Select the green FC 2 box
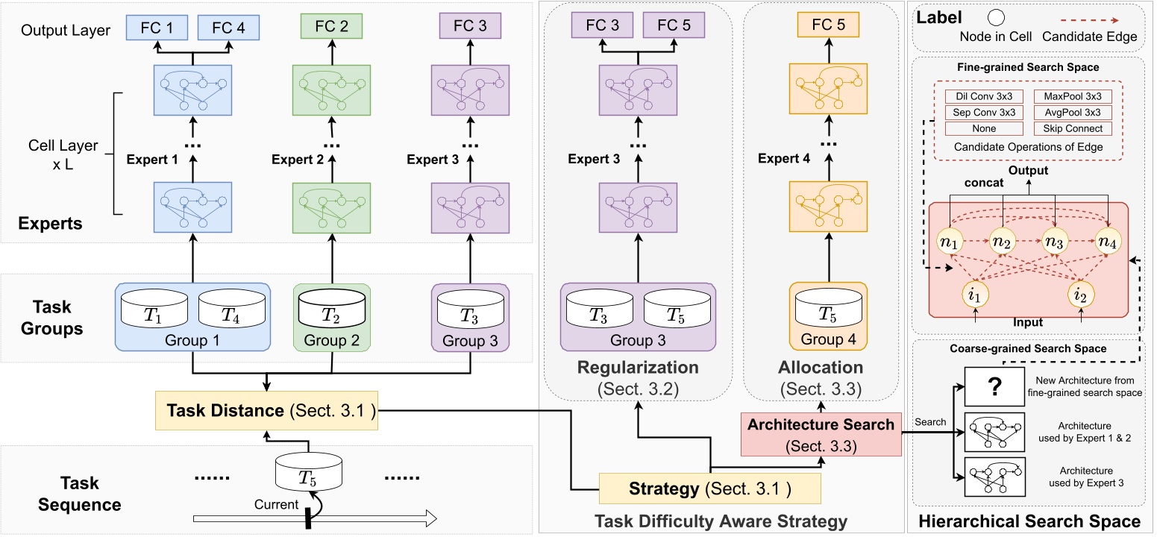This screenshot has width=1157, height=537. click(331, 27)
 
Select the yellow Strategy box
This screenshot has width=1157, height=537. click(709, 490)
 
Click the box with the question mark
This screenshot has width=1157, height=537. click(994, 387)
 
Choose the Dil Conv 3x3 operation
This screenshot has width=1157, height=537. click(977, 96)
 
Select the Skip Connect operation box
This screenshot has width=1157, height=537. click(1073, 128)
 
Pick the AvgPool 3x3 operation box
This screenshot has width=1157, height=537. click(1073, 113)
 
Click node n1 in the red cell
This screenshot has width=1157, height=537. click(951, 241)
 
